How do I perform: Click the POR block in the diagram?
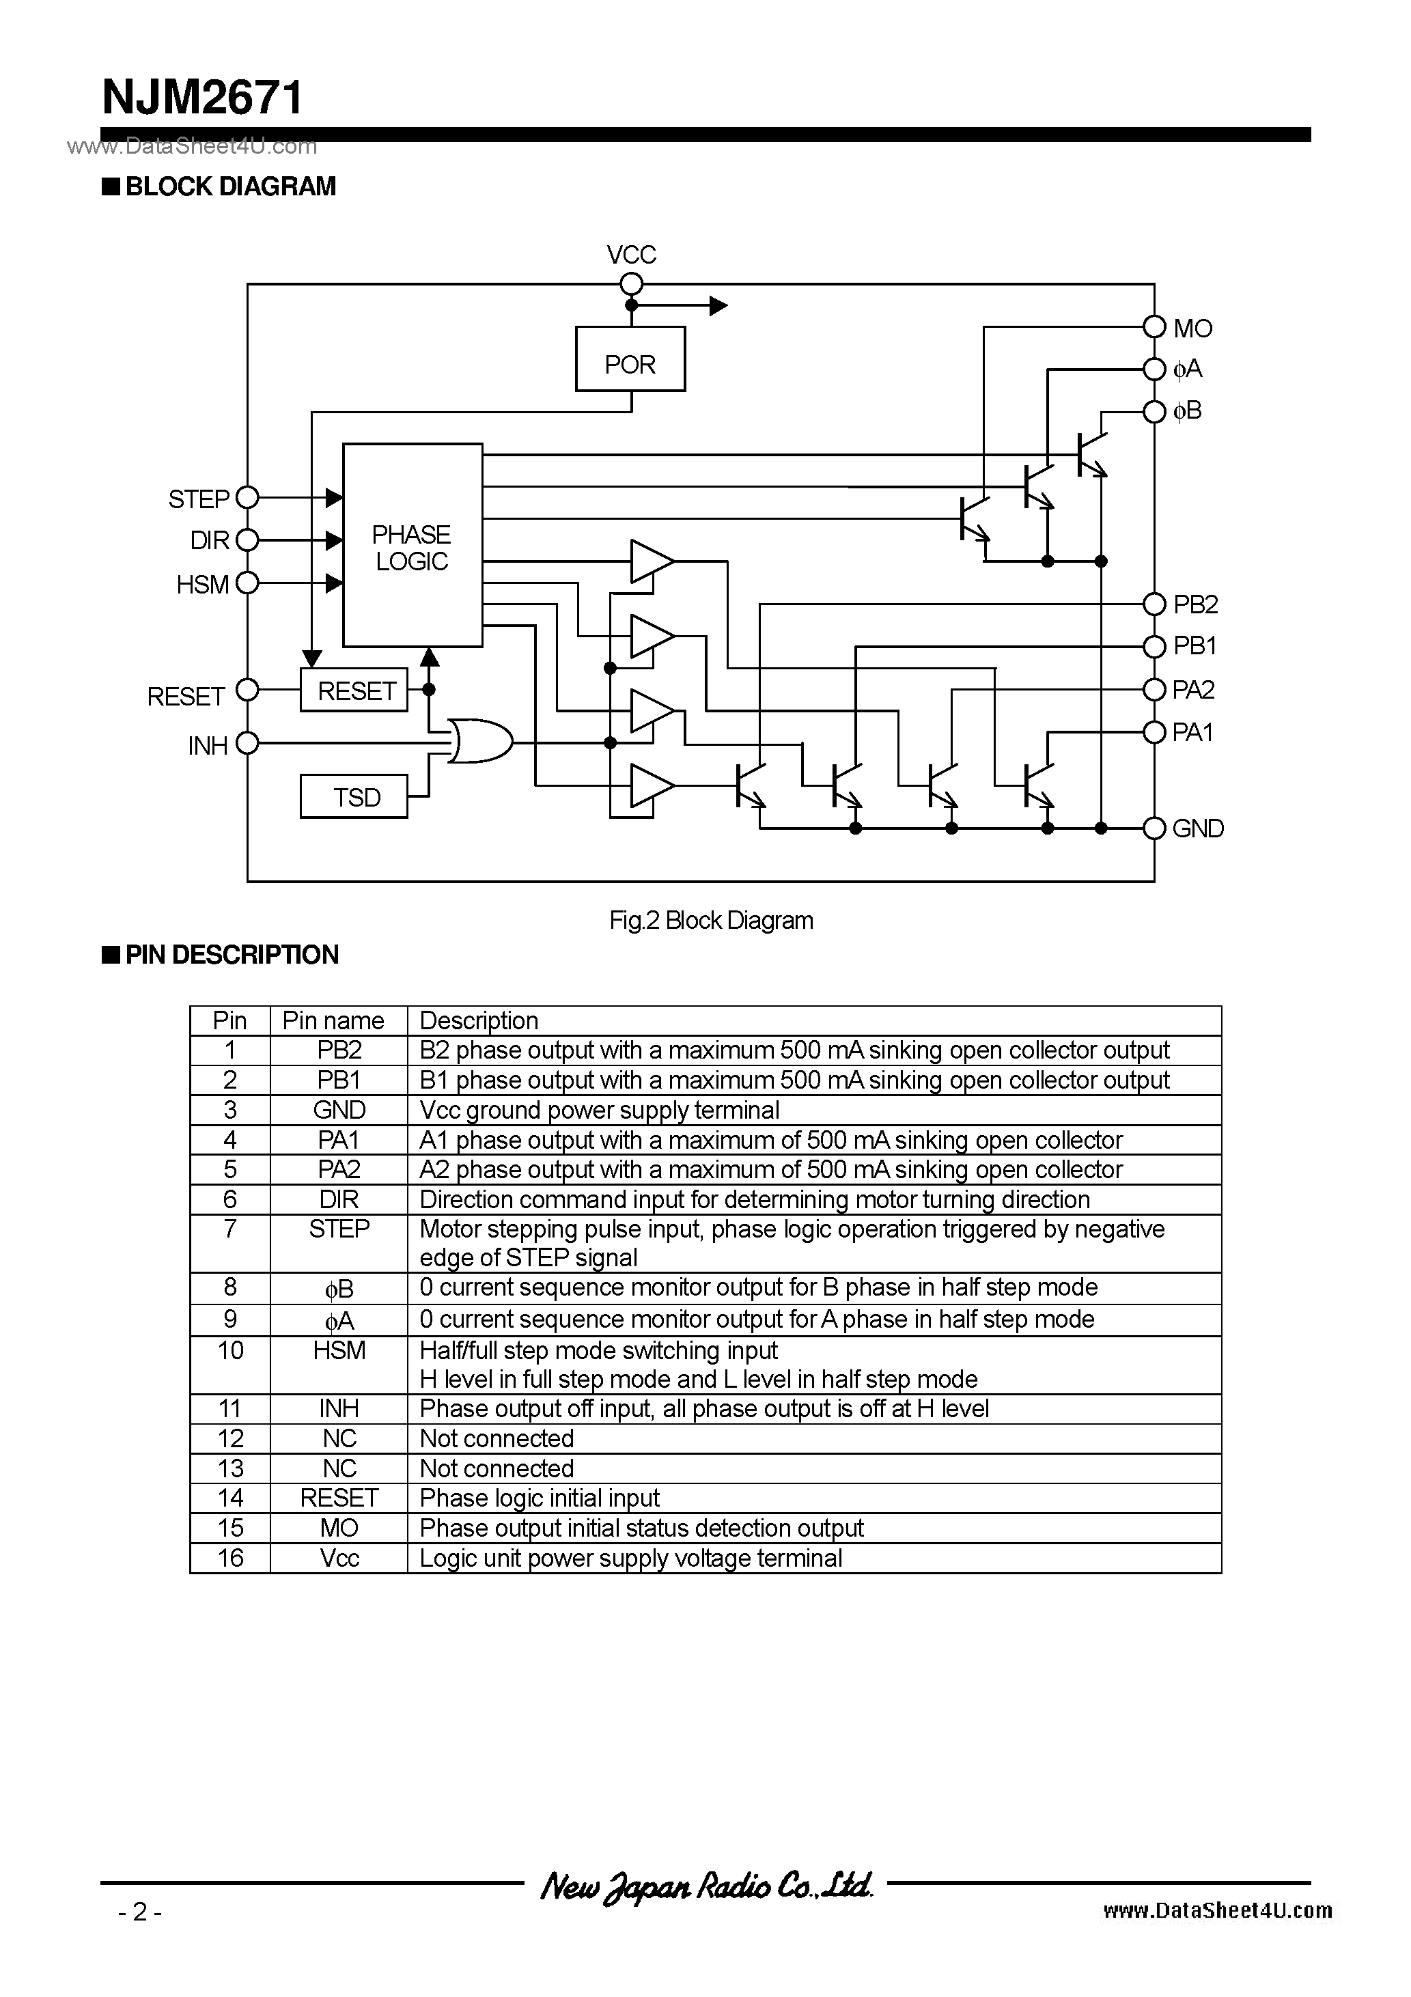pos(630,359)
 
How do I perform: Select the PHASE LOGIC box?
pos(413,545)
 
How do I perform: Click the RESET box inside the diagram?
pos(354,690)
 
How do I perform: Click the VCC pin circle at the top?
pos(632,284)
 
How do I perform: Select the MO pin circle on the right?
pos(1154,327)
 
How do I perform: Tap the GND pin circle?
pos(1154,828)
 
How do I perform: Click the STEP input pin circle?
pos(248,497)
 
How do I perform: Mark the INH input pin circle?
pos(248,743)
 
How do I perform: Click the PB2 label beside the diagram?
pos(1195,604)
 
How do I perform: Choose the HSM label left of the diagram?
pos(203,585)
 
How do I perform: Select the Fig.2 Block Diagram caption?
pos(711,920)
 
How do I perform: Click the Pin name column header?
pos(333,1020)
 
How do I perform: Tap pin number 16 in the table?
pos(229,1558)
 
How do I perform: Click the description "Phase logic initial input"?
pos(540,1498)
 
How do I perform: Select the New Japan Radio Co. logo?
pos(705,1886)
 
